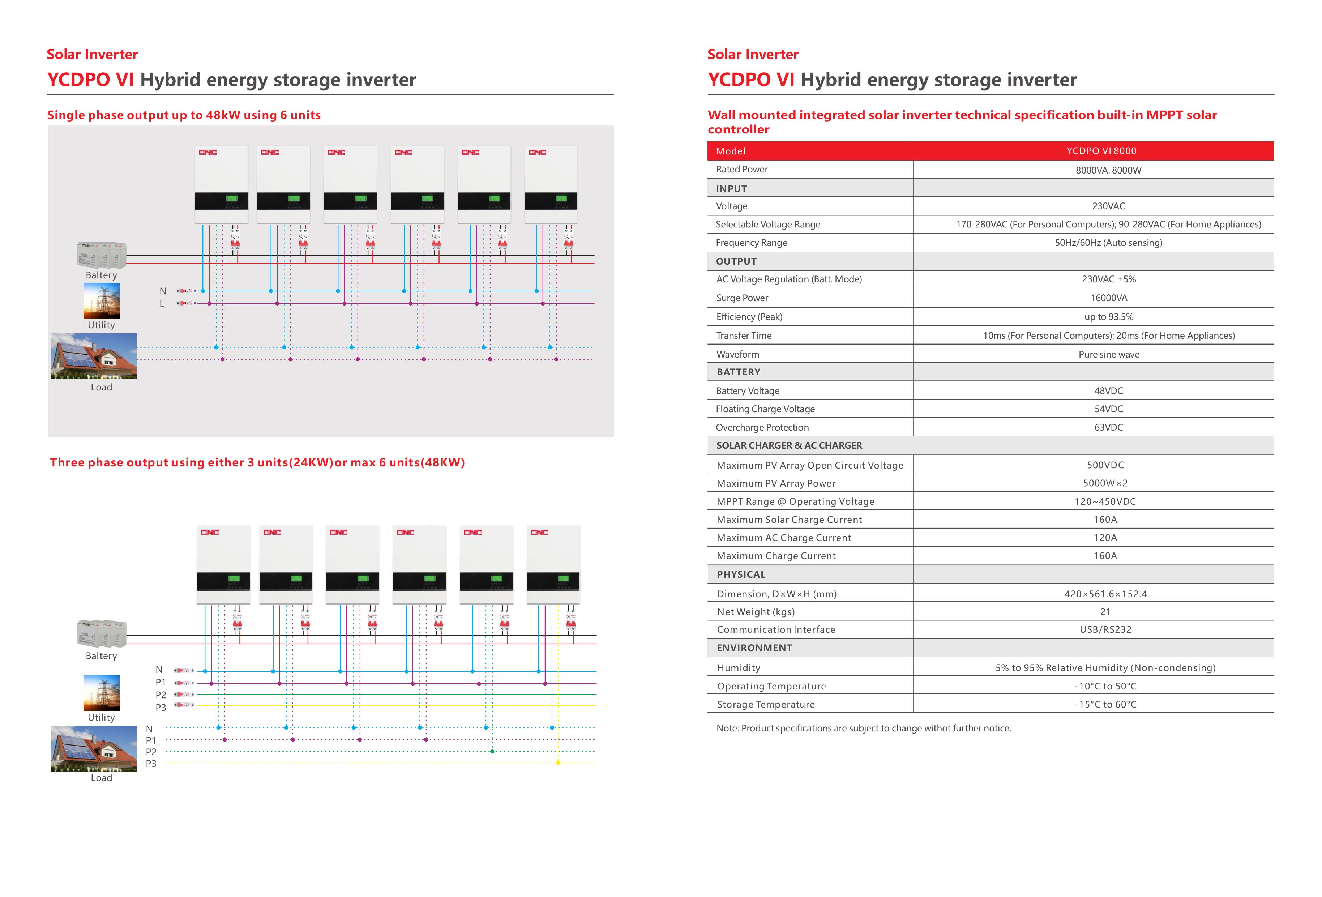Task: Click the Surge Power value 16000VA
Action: click(1108, 298)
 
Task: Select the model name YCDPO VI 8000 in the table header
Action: click(1101, 151)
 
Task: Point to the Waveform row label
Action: click(737, 354)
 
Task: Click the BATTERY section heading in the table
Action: click(738, 372)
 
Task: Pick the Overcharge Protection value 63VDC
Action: click(1108, 427)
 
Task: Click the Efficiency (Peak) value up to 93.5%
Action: click(1108, 317)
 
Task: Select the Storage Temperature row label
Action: click(765, 704)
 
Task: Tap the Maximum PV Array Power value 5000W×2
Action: click(1105, 483)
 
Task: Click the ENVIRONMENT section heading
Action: click(754, 648)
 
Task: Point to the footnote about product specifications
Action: click(863, 728)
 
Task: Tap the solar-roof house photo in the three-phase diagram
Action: click(93, 748)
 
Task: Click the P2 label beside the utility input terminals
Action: click(161, 695)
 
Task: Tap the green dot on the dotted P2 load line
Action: click(492, 751)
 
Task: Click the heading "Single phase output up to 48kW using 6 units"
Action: click(184, 115)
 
